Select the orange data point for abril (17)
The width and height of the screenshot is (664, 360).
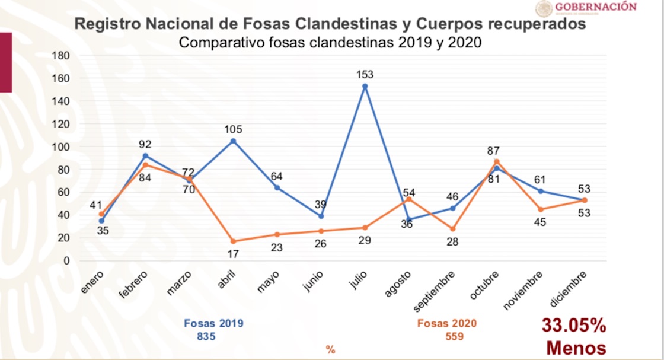pos(233,241)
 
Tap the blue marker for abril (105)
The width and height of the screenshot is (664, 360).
pos(233,141)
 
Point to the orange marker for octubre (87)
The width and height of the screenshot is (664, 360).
pos(497,161)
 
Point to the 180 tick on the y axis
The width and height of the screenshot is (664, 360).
pos(62,56)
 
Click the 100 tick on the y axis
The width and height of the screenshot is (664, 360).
pos(62,147)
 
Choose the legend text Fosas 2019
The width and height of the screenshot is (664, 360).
pos(213,324)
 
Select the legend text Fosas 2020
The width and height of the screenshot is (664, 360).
pos(446,324)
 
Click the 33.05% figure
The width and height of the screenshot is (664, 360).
pos(573,326)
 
